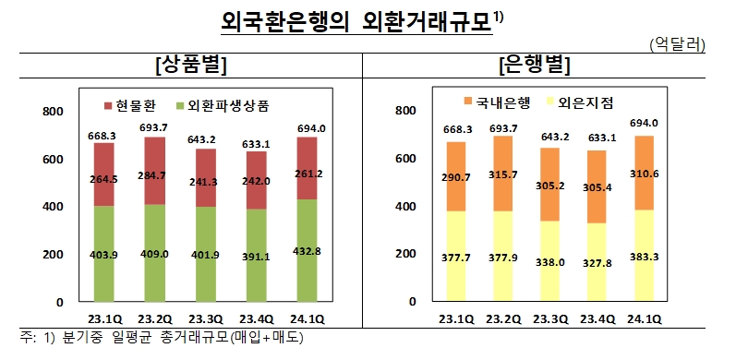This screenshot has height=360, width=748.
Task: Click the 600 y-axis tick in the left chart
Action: tap(53, 160)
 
